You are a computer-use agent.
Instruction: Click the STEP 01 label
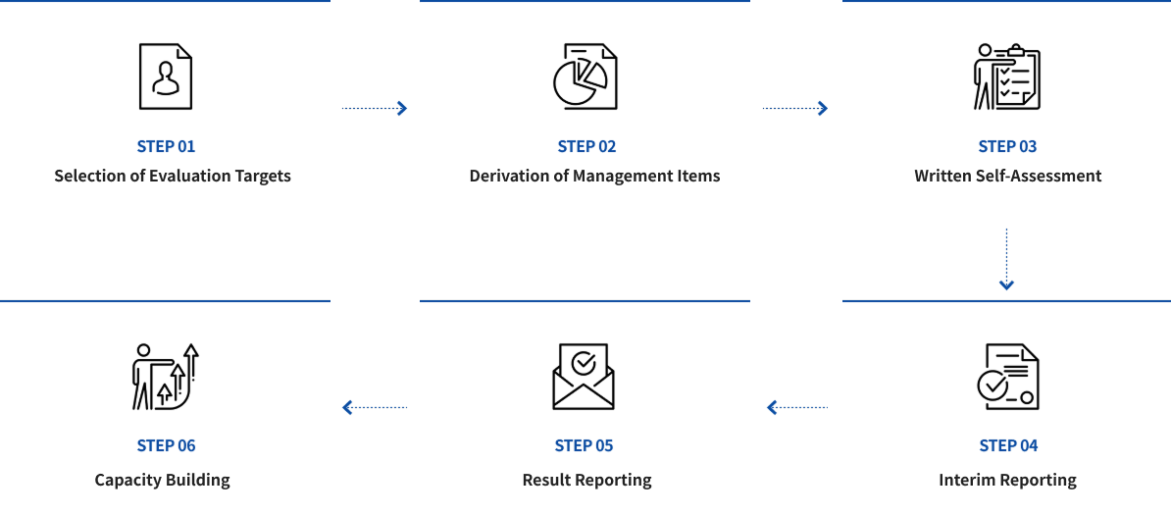[166, 146]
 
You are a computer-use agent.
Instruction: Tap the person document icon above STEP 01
[165, 77]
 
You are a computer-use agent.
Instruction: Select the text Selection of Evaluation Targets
[173, 177]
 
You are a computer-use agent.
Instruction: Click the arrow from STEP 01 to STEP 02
[375, 108]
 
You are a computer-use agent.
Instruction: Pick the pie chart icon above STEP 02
[585, 77]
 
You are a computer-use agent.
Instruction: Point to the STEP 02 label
[587, 146]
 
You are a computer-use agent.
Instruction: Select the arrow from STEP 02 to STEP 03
[795, 108]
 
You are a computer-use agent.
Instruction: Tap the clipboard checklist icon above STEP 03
[1006, 77]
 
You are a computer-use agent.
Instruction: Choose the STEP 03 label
[1007, 146]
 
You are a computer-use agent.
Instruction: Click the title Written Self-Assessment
[1007, 177]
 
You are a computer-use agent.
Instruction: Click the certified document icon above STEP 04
[1008, 377]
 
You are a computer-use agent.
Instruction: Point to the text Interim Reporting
[1007, 480]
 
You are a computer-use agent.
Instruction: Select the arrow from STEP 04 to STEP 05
[797, 407]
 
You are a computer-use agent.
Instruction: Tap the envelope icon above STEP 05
[584, 377]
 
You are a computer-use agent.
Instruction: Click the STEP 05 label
[584, 446]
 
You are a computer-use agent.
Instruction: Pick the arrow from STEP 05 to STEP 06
[375, 407]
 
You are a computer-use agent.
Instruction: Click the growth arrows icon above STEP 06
[165, 377]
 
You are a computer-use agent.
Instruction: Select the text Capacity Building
[162, 480]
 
